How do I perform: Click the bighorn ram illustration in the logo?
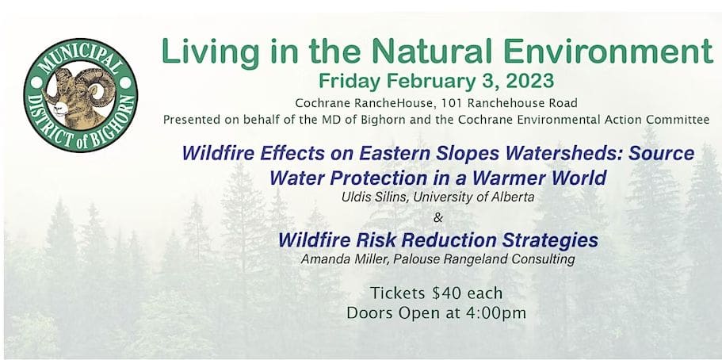click(x=78, y=97)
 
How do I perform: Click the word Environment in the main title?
click(x=608, y=51)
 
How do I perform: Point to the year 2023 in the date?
click(x=530, y=81)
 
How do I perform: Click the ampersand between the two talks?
click(x=438, y=217)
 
